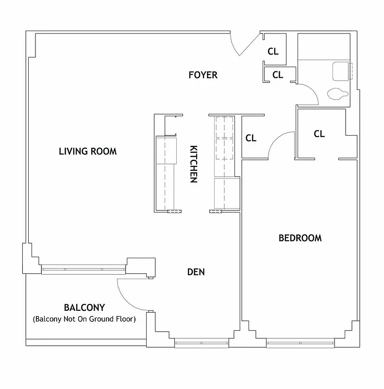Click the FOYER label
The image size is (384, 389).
[x=203, y=75]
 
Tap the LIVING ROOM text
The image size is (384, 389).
[x=87, y=151]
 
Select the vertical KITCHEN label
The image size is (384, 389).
[x=193, y=164]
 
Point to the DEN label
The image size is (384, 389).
[x=196, y=272]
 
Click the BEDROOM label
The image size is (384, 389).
[x=300, y=238]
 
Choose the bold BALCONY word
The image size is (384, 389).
[x=84, y=308]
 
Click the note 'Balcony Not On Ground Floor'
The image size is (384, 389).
[x=84, y=319]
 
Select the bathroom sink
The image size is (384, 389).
[x=341, y=71]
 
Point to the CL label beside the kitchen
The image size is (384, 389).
[x=250, y=138]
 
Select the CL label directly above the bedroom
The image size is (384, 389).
[x=319, y=134]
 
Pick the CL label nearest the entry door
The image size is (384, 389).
[x=273, y=51]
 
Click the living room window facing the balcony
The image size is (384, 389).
[x=83, y=269]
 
